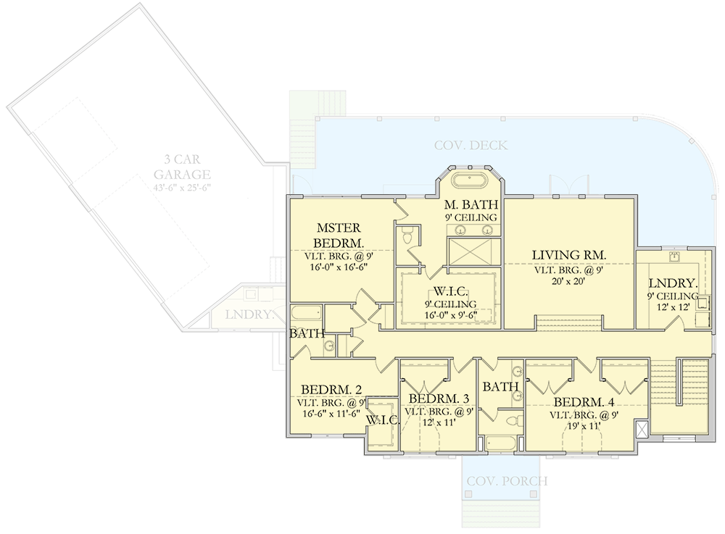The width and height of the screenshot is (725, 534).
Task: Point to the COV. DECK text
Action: click(471, 146)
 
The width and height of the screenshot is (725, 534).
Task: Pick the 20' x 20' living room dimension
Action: click(568, 282)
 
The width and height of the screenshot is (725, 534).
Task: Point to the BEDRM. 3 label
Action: click(438, 399)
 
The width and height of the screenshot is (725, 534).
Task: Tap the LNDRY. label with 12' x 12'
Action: click(674, 283)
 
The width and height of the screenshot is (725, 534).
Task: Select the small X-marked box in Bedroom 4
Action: click(640, 427)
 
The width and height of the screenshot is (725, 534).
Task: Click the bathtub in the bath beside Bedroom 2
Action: click(305, 313)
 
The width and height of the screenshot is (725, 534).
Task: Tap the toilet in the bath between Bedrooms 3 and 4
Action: click(513, 420)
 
